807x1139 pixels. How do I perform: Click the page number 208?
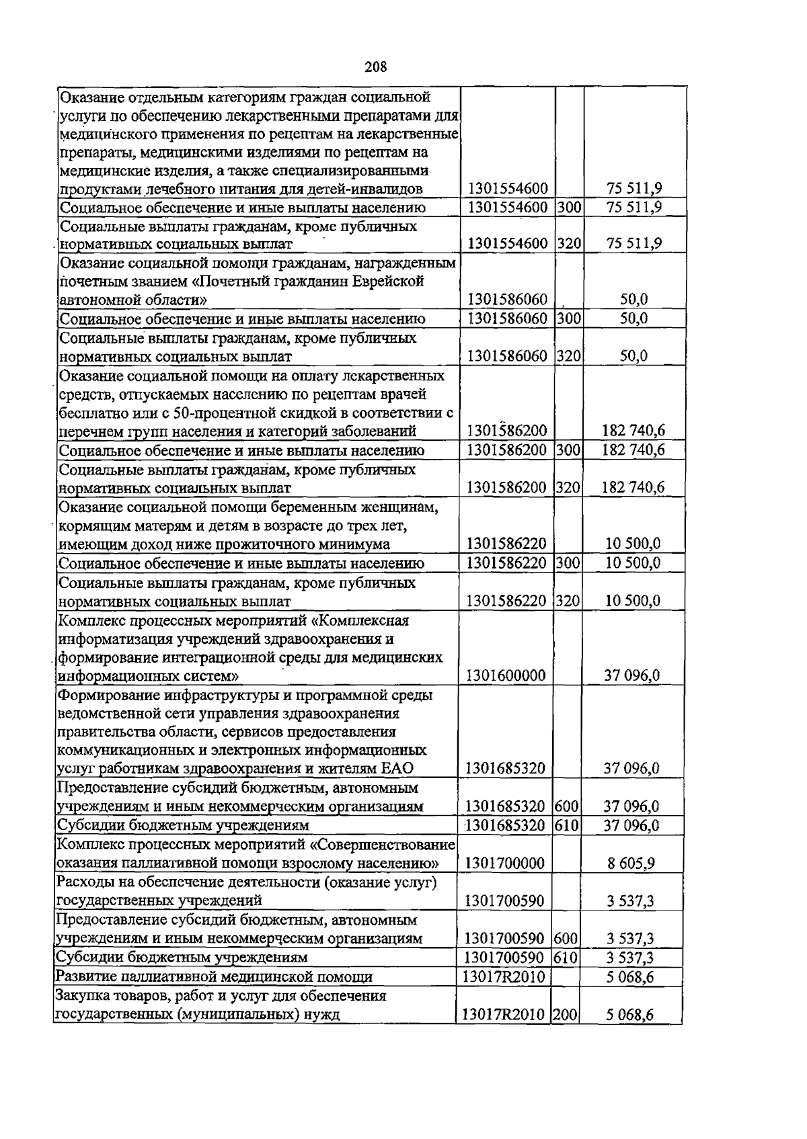click(376, 67)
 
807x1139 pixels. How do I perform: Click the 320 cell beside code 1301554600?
click(569, 243)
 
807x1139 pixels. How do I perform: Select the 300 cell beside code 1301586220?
click(569, 563)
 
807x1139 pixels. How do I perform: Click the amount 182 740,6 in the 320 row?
click(632, 487)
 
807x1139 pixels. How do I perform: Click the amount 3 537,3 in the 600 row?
click(631, 939)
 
